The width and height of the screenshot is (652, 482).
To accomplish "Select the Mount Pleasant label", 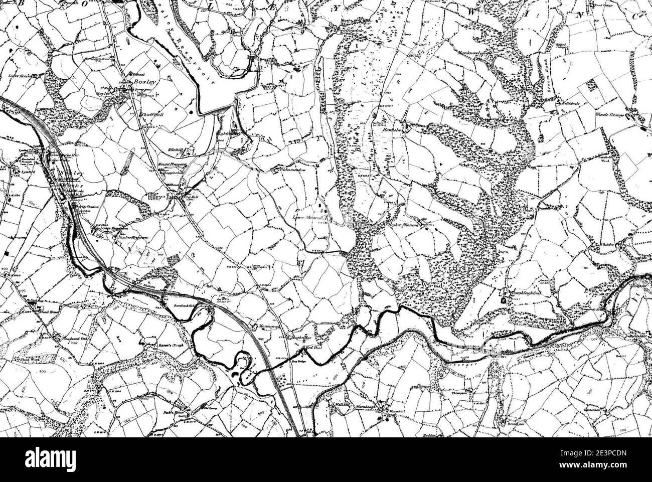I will pyautogui.click(x=172, y=164).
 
